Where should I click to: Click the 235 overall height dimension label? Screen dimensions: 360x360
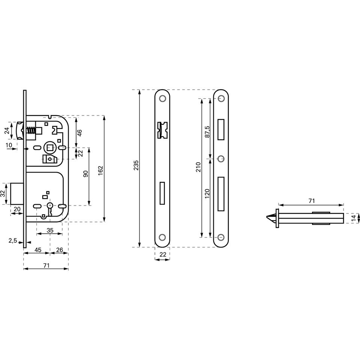[x=136, y=165]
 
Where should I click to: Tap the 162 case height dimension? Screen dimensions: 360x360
[x=100, y=171]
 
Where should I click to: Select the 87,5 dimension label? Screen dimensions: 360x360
[x=207, y=132]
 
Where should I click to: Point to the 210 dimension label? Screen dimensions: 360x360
[x=198, y=167]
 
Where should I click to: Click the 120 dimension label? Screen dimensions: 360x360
[x=207, y=193]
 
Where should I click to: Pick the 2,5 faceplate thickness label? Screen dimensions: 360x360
[x=13, y=241]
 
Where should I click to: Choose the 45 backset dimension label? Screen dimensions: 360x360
[x=38, y=250]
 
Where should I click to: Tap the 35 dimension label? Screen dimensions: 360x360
[x=50, y=230]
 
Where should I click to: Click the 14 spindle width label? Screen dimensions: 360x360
[x=355, y=218]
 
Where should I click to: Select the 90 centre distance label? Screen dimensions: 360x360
[x=85, y=174]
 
